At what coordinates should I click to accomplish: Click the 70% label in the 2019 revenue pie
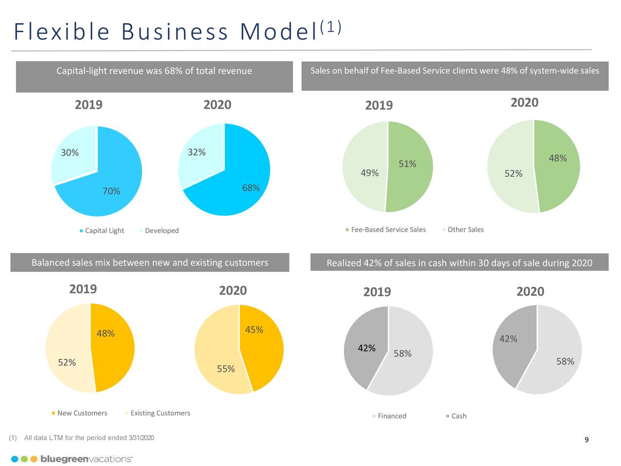point(111,191)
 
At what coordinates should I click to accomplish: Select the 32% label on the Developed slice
point(196,152)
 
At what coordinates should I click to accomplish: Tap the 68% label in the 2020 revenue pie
point(251,188)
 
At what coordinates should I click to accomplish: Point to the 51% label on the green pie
point(408,164)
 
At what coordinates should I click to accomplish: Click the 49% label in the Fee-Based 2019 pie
point(370,173)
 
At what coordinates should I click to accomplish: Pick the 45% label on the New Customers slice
point(254,330)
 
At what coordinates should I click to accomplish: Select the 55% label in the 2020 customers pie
point(226,369)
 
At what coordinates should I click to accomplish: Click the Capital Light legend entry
point(104,231)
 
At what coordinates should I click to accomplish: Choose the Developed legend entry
point(162,231)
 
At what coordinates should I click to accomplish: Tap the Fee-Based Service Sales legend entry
point(388,230)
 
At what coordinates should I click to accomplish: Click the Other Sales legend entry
point(465,230)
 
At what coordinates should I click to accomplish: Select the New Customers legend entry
point(82,413)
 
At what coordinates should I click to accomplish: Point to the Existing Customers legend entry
point(160,413)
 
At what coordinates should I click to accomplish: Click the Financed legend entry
point(392,416)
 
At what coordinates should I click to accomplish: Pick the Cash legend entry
point(458,416)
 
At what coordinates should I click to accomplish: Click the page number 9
point(587,440)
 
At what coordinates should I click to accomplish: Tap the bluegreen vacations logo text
point(86,459)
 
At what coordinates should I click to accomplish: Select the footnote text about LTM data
point(89,438)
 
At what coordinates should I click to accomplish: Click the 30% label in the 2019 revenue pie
point(70,153)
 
